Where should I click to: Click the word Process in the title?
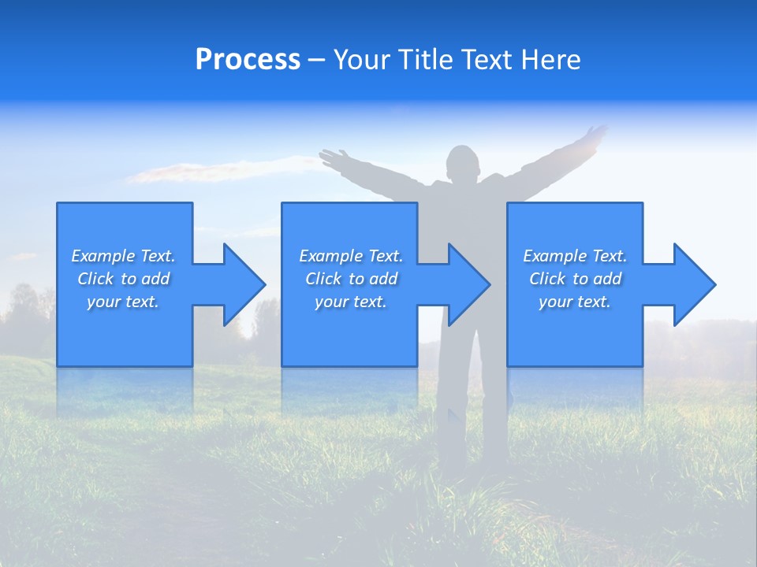click(x=248, y=60)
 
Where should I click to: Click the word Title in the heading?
click(x=424, y=60)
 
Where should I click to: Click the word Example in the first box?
click(x=103, y=256)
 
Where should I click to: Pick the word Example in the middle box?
click(x=330, y=256)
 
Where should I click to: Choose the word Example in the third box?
click(x=554, y=256)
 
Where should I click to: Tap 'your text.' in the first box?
click(x=123, y=302)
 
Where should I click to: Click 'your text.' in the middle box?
click(x=350, y=302)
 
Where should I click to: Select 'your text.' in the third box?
click(x=574, y=302)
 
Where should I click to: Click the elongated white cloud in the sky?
click(x=213, y=169)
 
